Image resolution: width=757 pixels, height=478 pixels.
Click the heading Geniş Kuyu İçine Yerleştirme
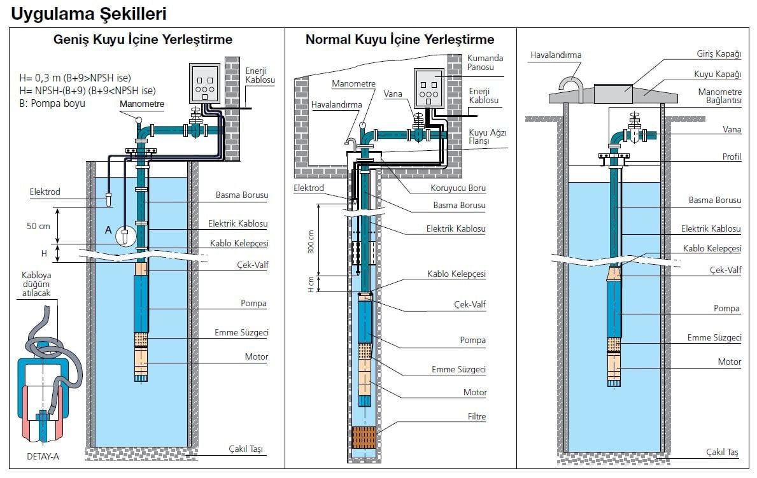point(143,39)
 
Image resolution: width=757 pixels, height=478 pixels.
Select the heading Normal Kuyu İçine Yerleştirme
point(400,39)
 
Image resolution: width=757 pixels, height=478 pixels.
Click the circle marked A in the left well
point(125,235)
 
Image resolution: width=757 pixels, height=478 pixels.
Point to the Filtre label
point(476,417)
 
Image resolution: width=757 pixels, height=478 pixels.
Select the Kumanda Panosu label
point(485,62)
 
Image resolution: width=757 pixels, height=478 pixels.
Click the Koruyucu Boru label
point(458,188)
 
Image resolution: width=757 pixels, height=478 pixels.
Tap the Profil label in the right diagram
point(732,157)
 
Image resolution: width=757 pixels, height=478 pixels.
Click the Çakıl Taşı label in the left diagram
point(246,449)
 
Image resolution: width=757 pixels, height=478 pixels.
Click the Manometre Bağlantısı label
point(719,96)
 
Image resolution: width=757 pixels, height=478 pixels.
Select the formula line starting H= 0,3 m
point(75,78)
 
